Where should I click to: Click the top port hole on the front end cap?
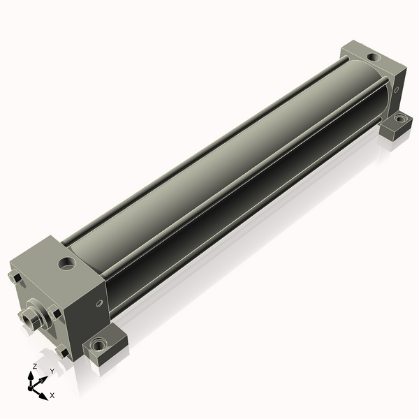[x=67, y=263]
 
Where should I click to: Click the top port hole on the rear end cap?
[x=374, y=57]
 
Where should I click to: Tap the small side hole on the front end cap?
[x=99, y=303]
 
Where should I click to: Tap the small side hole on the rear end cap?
[x=397, y=89]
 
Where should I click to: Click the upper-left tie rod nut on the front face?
[x=15, y=277]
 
